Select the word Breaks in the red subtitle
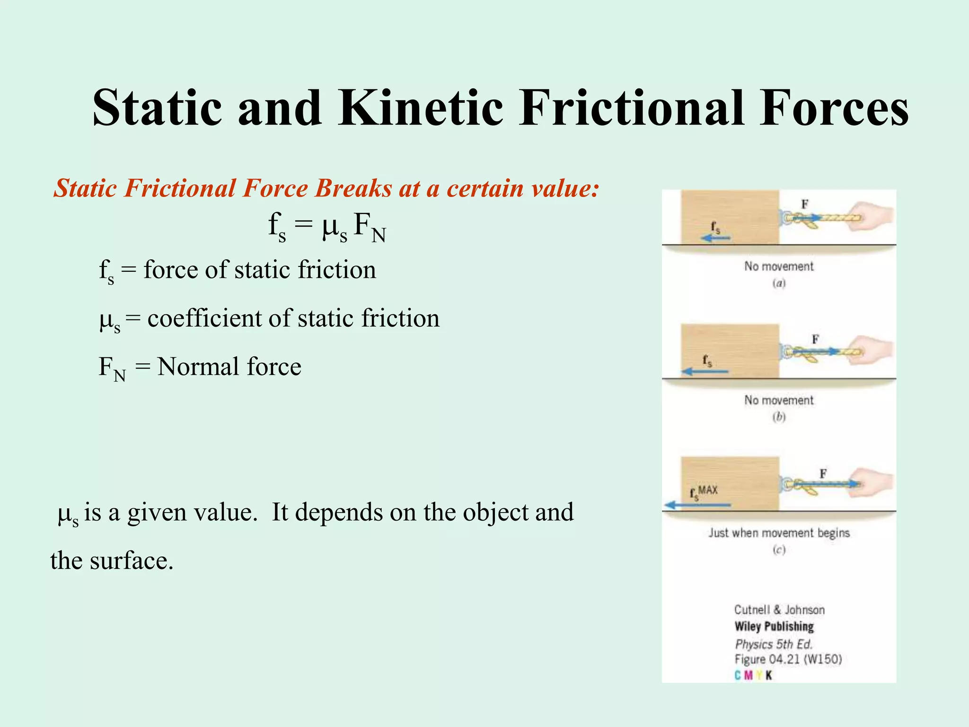[353, 188]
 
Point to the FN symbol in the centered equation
[370, 227]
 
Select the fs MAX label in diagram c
[704, 492]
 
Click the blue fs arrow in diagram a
[715, 238]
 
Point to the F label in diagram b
[815, 339]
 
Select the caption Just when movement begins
[779, 533]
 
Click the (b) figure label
[779, 417]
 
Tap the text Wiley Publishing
[774, 627]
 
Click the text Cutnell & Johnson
[779, 610]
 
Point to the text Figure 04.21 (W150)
[788, 659]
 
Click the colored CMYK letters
[753, 675]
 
